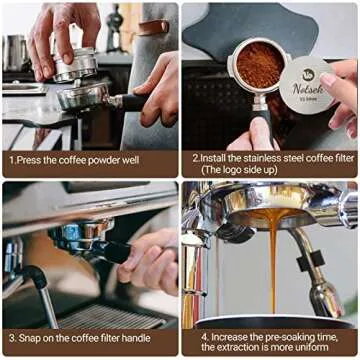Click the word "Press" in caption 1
[x=34, y=159]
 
